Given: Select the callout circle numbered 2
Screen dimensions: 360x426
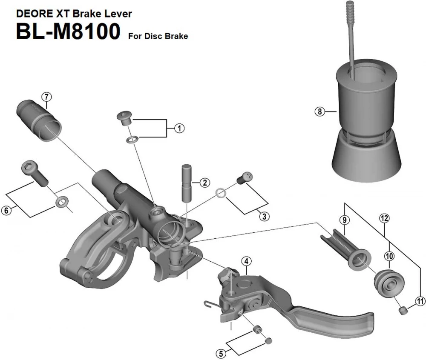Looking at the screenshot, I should pyautogui.click(x=205, y=183).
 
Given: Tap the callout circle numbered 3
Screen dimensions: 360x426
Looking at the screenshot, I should pyautogui.click(x=264, y=216).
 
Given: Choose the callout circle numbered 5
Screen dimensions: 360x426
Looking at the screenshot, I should pyautogui.click(x=220, y=353).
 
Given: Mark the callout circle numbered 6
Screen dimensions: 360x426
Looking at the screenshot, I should pyautogui.click(x=6, y=210).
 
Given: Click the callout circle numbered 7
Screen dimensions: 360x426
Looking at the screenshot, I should pyautogui.click(x=46, y=96).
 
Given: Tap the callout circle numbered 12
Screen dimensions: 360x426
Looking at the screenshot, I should pyautogui.click(x=384, y=218).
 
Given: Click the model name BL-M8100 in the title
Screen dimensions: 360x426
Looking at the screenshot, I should pyautogui.click(x=68, y=32).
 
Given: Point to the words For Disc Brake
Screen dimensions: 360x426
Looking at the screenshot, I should pyautogui.click(x=158, y=36).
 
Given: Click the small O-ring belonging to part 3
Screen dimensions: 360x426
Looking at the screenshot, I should pyautogui.click(x=220, y=194).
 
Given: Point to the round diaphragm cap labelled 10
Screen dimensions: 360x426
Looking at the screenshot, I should pyautogui.click(x=388, y=282).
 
